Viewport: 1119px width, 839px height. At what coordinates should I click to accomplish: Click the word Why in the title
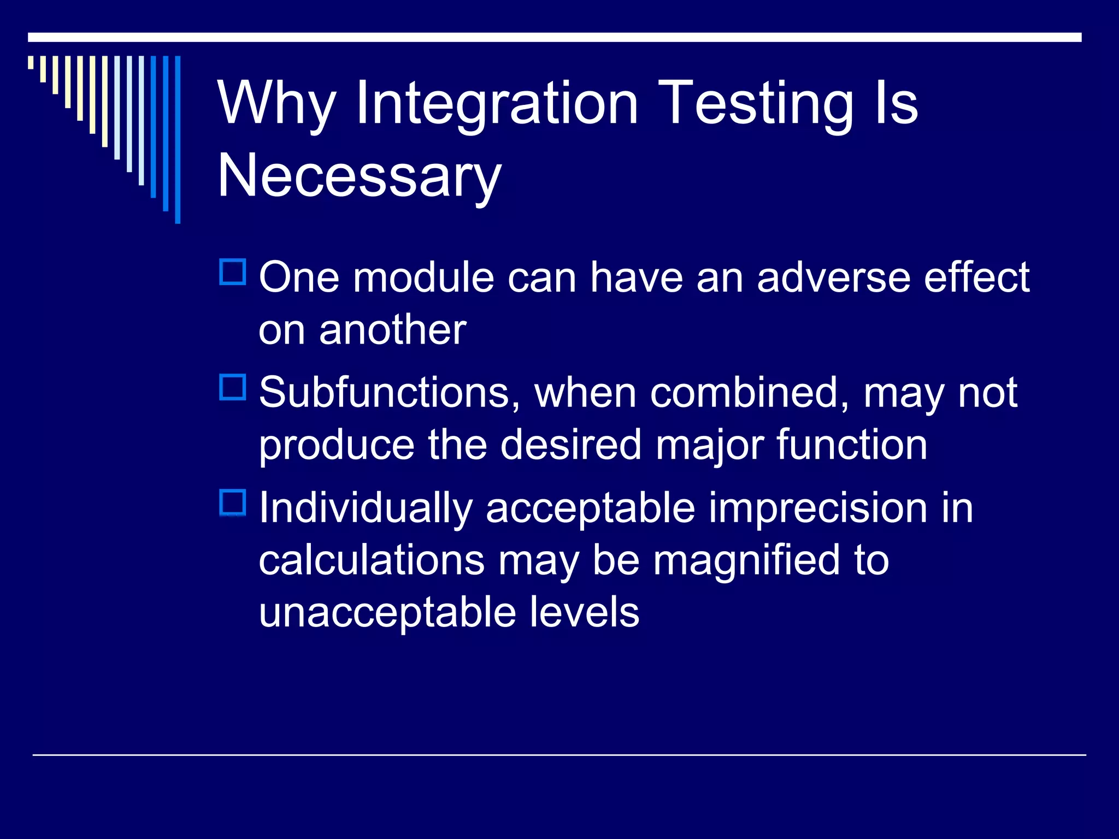[x=276, y=104]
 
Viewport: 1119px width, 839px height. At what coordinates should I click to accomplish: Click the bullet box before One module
[x=233, y=272]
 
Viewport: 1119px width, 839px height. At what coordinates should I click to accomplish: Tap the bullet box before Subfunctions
[x=233, y=387]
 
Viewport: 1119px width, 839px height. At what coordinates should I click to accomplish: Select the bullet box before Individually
[x=233, y=503]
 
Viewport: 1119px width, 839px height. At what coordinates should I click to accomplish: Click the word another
[x=392, y=330]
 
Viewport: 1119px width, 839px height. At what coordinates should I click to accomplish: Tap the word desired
[x=571, y=445]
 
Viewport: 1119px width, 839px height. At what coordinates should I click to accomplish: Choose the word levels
[x=578, y=612]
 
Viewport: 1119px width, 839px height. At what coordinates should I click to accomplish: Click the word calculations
[x=372, y=560]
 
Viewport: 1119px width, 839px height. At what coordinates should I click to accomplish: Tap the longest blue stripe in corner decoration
[x=178, y=140]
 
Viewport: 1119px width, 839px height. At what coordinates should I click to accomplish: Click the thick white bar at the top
[x=555, y=37]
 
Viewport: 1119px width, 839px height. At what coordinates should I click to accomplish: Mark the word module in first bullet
[x=423, y=277]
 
